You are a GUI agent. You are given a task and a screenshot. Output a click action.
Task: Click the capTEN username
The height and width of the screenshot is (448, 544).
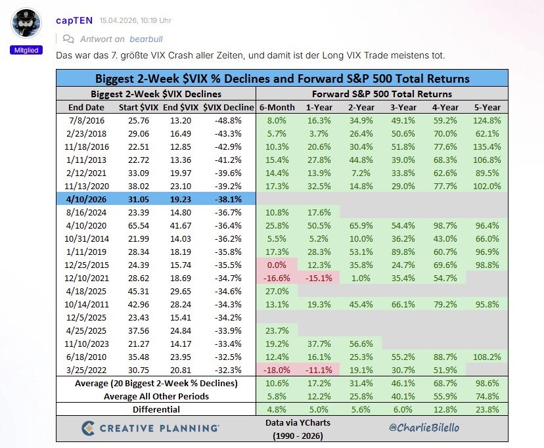pyautogui.click(x=74, y=20)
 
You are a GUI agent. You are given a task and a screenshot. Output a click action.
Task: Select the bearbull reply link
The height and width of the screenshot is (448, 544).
pyautogui.click(x=145, y=39)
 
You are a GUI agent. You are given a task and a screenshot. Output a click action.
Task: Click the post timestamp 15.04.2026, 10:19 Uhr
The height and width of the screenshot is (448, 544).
pyautogui.click(x=135, y=20)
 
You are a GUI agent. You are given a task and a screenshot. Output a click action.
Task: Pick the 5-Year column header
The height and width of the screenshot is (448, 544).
pyautogui.click(x=486, y=107)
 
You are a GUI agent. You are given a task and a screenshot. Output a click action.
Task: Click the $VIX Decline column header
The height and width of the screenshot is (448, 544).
pyautogui.click(x=228, y=107)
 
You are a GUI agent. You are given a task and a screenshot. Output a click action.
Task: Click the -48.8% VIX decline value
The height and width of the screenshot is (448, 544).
pyautogui.click(x=227, y=120)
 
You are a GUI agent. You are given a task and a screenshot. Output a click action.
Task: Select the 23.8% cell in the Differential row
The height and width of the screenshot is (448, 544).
pyautogui.click(x=486, y=409)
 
